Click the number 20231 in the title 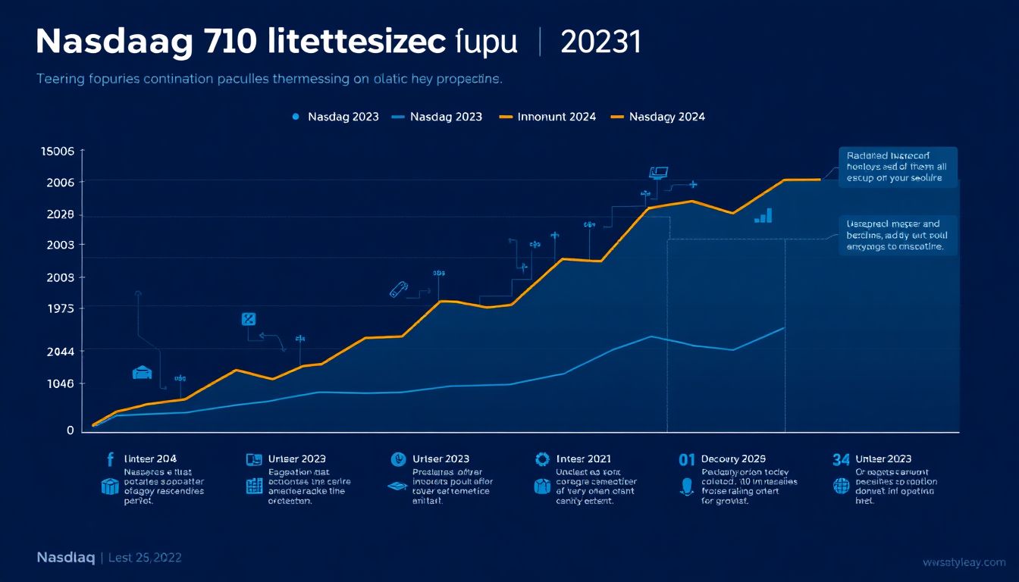[600, 43]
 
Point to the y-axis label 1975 [60, 308]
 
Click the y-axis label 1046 [60, 383]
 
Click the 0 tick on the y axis [71, 430]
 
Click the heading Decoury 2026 [733, 458]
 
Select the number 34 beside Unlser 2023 [841, 458]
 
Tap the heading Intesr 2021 [583, 458]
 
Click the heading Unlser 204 [150, 458]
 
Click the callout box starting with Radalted [898, 166]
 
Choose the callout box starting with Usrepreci [898, 235]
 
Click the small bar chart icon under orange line [763, 216]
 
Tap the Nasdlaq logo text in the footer [65, 559]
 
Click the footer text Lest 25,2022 [145, 559]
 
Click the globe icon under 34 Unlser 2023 [842, 486]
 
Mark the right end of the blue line [784, 327]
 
